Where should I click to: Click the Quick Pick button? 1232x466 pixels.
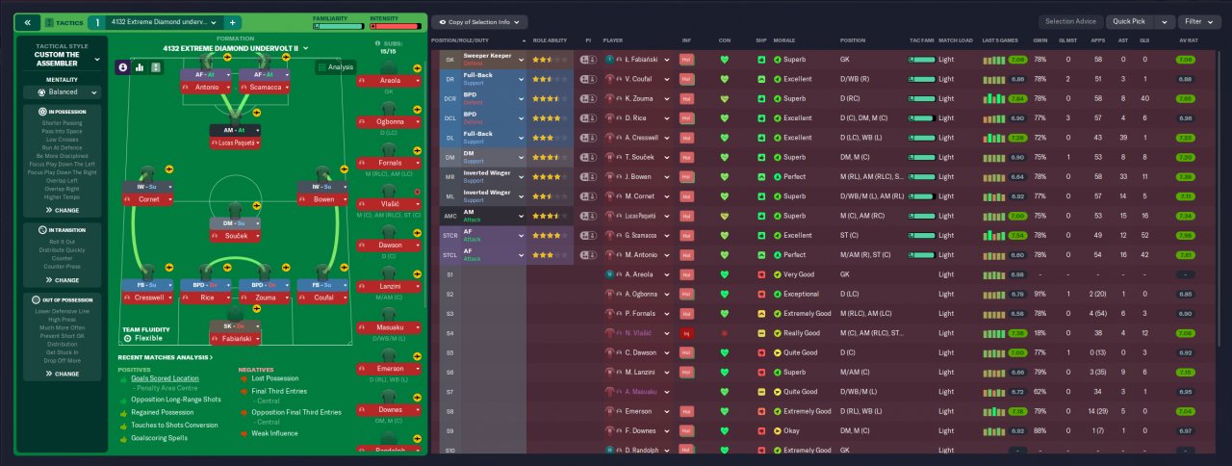click(x=1132, y=21)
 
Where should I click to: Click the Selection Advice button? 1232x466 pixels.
click(x=1070, y=21)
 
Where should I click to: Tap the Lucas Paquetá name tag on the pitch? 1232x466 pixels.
click(x=236, y=142)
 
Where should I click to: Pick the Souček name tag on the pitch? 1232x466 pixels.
click(x=236, y=235)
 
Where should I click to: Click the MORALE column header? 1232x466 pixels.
click(x=783, y=41)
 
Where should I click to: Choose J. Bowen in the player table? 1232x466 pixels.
click(x=640, y=176)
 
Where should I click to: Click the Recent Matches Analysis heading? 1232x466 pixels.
click(x=166, y=357)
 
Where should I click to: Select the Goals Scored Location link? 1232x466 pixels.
click(x=166, y=378)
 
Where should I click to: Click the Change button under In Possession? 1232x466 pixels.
click(x=67, y=209)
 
